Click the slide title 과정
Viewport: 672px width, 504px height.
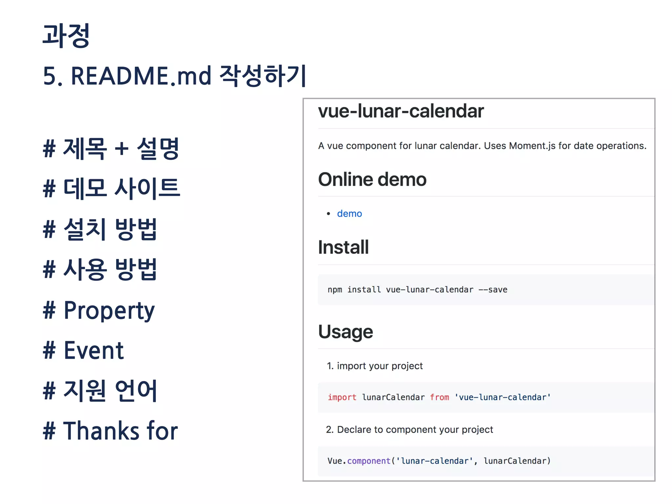click(x=66, y=35)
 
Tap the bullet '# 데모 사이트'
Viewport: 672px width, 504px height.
click(x=112, y=188)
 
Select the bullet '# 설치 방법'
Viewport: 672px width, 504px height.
click(x=100, y=229)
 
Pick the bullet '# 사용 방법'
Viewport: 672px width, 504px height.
click(x=100, y=269)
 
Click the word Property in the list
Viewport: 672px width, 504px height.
click(x=109, y=310)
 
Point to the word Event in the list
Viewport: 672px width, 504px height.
click(x=94, y=350)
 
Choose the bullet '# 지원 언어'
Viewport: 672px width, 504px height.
click(x=100, y=390)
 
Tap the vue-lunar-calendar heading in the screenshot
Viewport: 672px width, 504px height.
click(x=401, y=111)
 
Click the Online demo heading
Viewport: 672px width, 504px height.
click(x=372, y=179)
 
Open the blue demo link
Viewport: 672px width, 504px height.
click(x=349, y=214)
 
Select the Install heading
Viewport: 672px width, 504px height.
click(x=343, y=247)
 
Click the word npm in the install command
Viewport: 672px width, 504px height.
click(x=335, y=290)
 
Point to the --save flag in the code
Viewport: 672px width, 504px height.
click(x=493, y=290)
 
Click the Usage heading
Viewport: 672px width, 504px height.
click(x=346, y=332)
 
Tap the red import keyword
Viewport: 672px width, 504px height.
click(x=342, y=397)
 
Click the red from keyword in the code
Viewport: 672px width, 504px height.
click(x=439, y=397)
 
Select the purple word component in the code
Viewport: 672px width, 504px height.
click(x=369, y=461)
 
